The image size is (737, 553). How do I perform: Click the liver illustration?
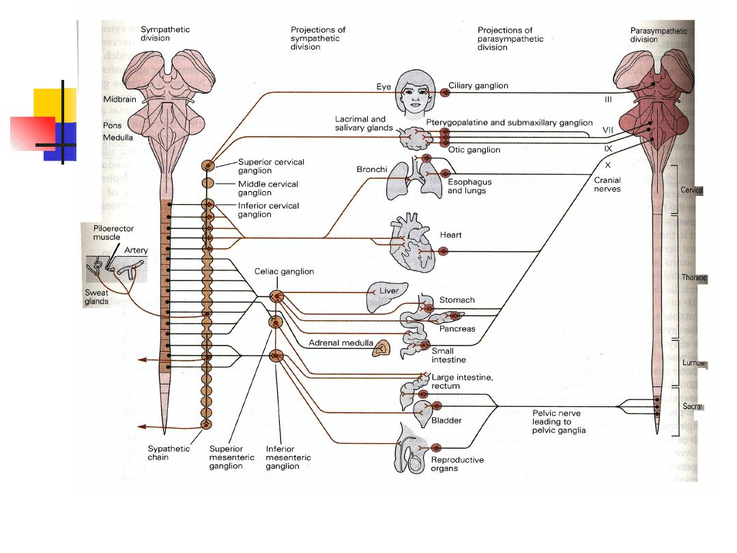pyautogui.click(x=386, y=296)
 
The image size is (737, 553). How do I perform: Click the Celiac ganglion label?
pyautogui.click(x=285, y=272)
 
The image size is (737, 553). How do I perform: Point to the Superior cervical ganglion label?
pyautogui.click(x=271, y=167)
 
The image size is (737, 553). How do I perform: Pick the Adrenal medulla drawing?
pyautogui.click(x=381, y=349)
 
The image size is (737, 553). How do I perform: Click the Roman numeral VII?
pyautogui.click(x=607, y=129)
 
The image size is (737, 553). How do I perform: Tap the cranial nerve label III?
pyautogui.click(x=607, y=100)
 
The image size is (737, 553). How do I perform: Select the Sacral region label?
pyautogui.click(x=693, y=406)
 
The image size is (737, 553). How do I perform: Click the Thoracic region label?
pyautogui.click(x=694, y=278)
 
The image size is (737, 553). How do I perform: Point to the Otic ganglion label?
pyautogui.click(x=474, y=150)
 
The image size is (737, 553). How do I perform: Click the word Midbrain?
pyautogui.click(x=120, y=100)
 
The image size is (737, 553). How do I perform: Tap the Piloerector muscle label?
pyautogui.click(x=113, y=233)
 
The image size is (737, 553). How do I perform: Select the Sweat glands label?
pyautogui.click(x=96, y=297)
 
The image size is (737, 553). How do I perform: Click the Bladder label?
pyautogui.click(x=446, y=421)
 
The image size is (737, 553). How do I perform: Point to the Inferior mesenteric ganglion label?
pyautogui.click(x=288, y=457)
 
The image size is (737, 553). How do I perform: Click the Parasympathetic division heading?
pyautogui.click(x=659, y=35)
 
